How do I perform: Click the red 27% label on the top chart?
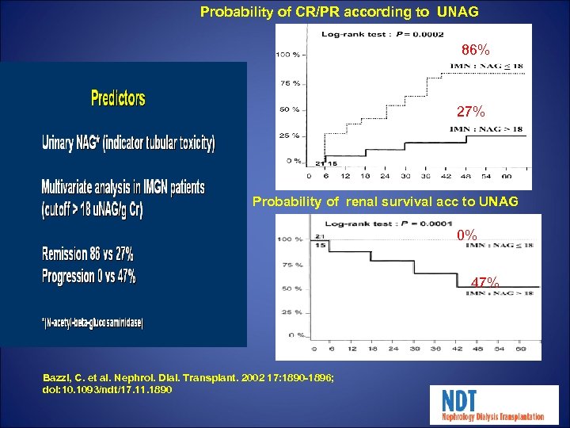coord(471,112)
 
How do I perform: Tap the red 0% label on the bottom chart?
coord(467,235)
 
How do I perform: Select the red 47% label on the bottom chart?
coord(484,283)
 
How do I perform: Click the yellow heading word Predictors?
coord(118,98)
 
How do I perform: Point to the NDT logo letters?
coord(460,399)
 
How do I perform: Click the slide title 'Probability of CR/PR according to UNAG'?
coord(340,12)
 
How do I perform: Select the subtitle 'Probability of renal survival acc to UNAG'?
coord(385,202)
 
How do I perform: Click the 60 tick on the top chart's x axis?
coord(506,176)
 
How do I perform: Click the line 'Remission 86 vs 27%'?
coord(88,254)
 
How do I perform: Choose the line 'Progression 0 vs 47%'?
coord(89,277)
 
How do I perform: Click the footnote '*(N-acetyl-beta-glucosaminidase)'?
coord(93,323)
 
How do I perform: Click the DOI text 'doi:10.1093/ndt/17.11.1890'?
coord(108,391)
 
